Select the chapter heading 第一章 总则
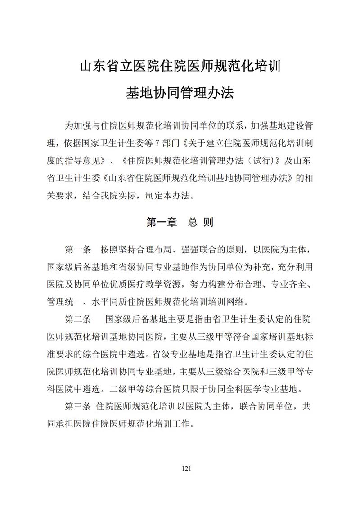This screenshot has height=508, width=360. [180, 222]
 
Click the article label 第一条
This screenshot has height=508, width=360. [78, 249]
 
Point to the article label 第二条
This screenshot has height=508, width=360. [78, 319]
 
